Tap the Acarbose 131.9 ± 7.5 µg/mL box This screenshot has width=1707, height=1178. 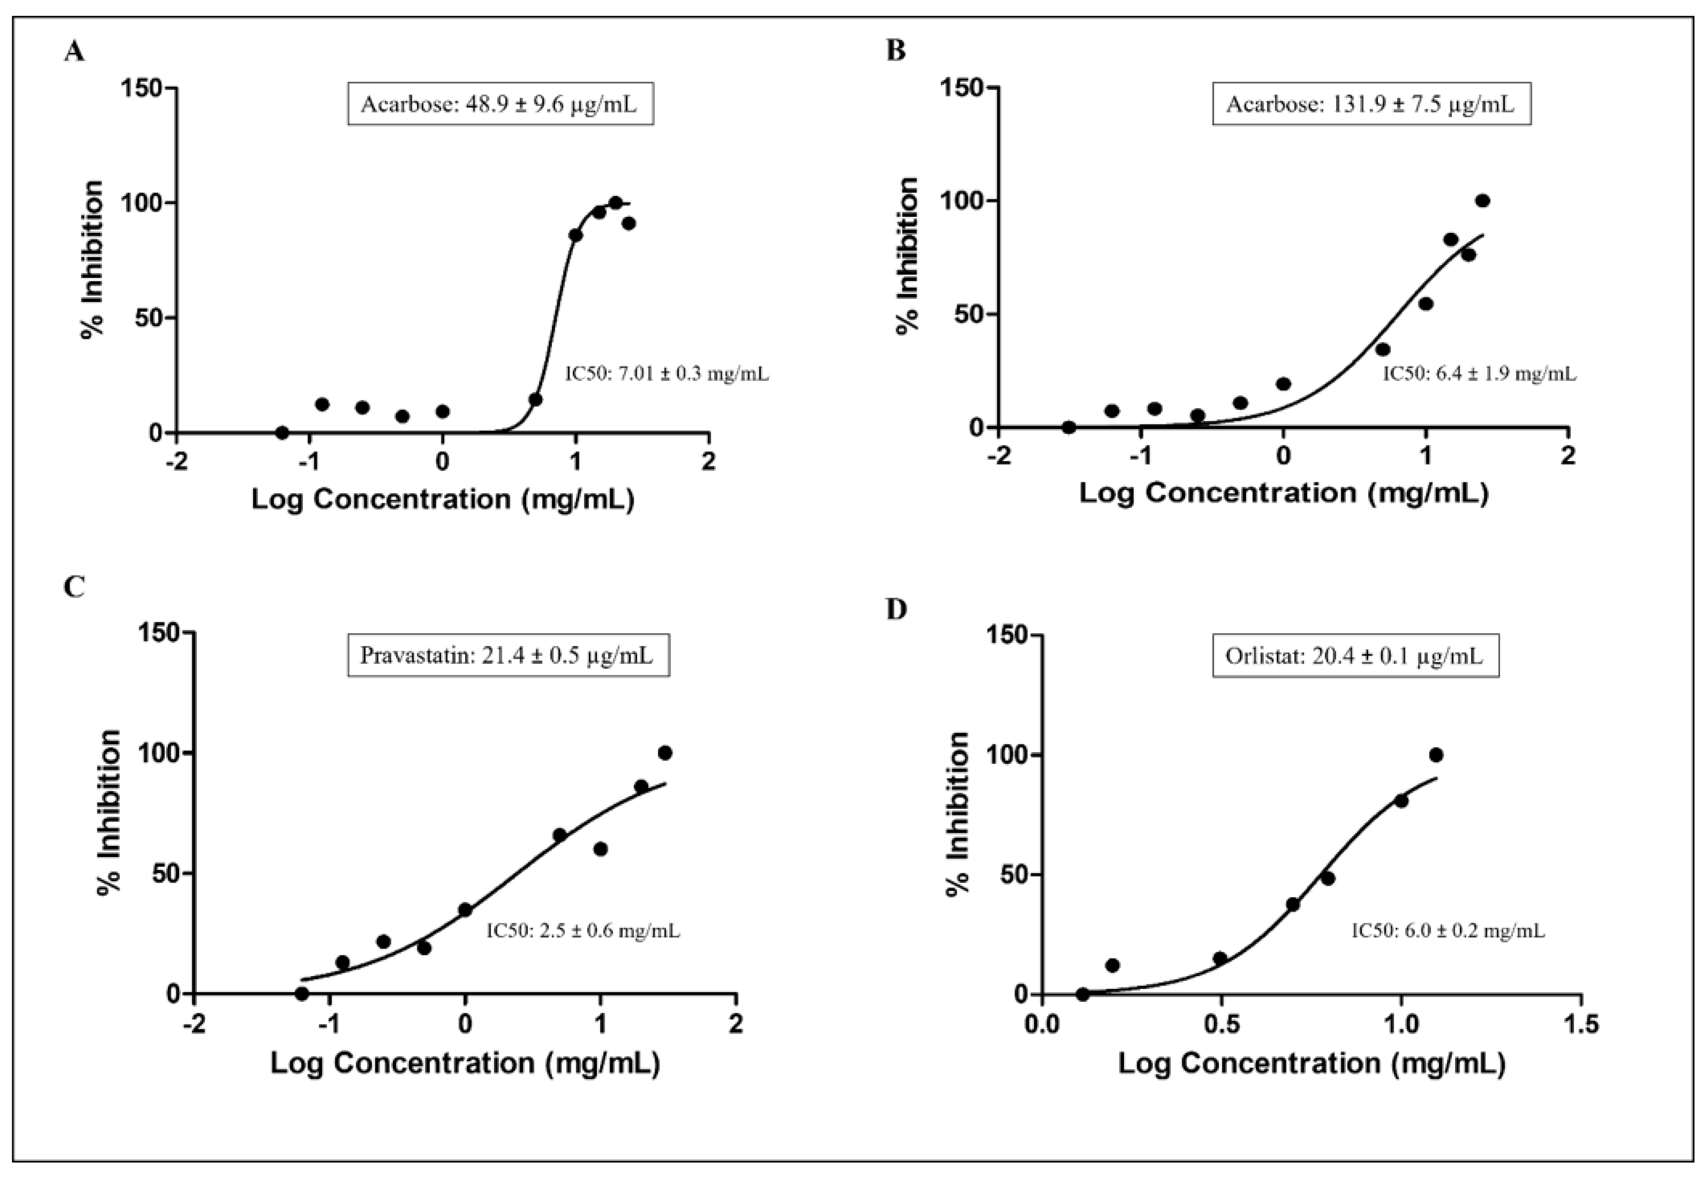1371,104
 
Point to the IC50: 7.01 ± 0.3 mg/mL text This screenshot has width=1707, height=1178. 667,374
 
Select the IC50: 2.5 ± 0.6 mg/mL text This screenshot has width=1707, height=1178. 583,931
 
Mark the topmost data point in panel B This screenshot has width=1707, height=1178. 1482,201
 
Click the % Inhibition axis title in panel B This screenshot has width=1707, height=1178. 907,256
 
